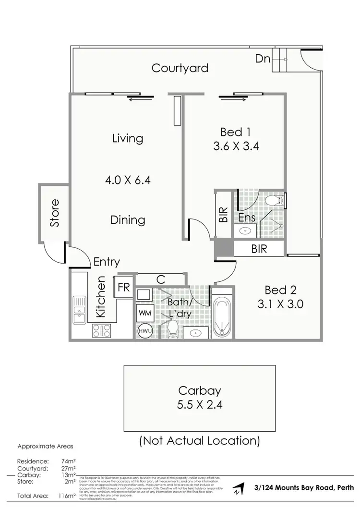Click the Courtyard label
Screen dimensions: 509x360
(x=180, y=68)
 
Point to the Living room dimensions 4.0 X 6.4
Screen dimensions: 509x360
(x=128, y=181)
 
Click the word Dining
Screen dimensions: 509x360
(x=128, y=220)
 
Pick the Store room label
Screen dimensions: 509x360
(x=55, y=213)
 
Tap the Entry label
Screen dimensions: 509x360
(x=107, y=262)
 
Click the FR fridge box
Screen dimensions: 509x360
(x=124, y=288)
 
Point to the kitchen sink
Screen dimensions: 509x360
(x=78, y=310)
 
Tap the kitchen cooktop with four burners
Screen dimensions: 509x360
(x=101, y=330)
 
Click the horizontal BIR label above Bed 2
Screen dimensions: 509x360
(x=259, y=249)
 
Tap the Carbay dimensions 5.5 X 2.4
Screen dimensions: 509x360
(x=199, y=404)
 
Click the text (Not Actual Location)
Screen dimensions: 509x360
(x=199, y=440)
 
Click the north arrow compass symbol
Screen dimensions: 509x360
(x=238, y=490)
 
